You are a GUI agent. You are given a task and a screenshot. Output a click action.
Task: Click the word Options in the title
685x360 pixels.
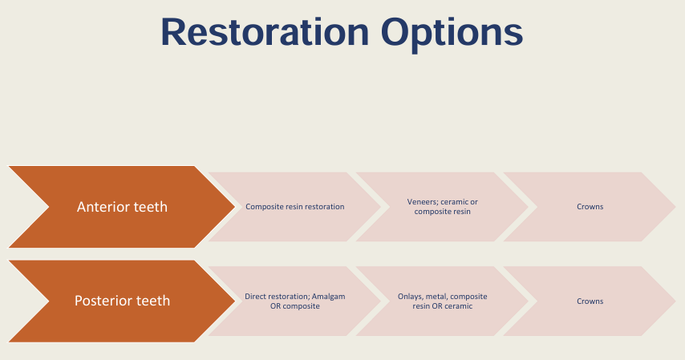click(452, 33)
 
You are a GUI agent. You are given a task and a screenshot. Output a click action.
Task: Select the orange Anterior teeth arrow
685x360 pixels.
click(120, 207)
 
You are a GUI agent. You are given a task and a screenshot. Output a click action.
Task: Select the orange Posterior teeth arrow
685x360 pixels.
click(120, 301)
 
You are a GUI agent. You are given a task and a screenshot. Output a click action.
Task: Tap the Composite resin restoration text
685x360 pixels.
click(294, 207)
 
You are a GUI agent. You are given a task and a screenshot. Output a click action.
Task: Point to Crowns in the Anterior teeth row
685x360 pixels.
click(590, 207)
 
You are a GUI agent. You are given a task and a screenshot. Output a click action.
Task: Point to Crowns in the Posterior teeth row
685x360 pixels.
click(590, 301)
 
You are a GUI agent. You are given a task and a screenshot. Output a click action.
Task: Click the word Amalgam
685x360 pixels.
click(327, 296)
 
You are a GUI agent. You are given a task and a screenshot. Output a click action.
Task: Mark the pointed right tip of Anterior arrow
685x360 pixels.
click(233, 207)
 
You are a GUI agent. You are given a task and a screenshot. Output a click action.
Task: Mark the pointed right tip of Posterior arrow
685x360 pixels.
click(233, 301)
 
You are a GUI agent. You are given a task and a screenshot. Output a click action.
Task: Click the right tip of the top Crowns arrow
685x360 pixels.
click(674, 207)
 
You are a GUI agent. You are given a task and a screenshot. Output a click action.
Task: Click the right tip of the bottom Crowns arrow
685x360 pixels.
click(674, 301)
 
